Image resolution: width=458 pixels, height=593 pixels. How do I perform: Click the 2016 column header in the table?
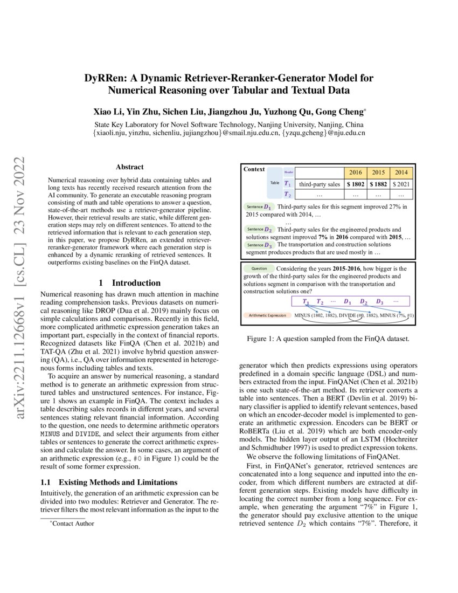[x=355, y=173]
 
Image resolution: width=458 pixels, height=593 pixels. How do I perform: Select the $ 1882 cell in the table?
[x=378, y=184]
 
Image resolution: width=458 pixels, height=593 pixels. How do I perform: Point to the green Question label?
[x=259, y=268]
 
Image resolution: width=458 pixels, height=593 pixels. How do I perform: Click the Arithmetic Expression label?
[x=267, y=315]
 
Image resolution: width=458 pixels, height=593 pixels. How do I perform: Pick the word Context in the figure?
[x=254, y=169]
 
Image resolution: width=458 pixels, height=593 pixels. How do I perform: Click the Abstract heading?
[x=129, y=167]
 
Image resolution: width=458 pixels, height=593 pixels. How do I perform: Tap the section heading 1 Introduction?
[x=129, y=282]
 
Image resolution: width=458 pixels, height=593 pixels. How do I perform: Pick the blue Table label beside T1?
[x=275, y=183]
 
